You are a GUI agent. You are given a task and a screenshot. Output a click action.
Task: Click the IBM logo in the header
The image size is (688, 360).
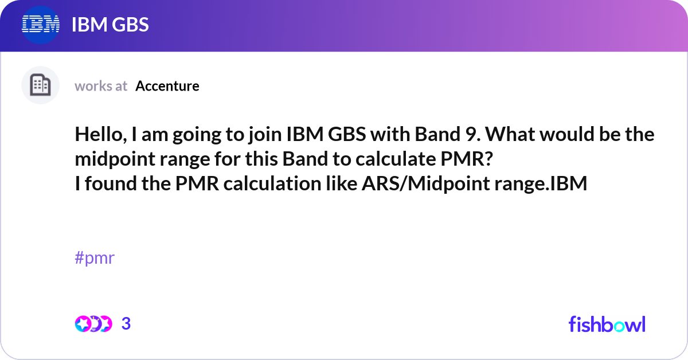coord(41,24)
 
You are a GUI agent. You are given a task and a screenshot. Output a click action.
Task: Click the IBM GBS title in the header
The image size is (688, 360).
coord(110,25)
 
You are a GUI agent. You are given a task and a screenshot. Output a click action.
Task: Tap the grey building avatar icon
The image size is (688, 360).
coord(40,85)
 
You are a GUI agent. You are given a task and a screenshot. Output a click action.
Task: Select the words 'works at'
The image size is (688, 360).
coord(101,86)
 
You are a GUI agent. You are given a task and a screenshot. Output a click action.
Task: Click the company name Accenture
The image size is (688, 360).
coord(167,86)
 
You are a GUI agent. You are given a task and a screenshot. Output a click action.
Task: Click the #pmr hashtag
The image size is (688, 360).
coord(95,258)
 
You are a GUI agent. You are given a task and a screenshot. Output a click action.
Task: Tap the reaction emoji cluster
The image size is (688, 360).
coord(93,324)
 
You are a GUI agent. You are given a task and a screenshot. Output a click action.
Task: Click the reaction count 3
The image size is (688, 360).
coord(126,324)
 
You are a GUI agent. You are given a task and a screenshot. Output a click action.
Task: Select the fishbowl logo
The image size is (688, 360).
coord(607,324)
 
